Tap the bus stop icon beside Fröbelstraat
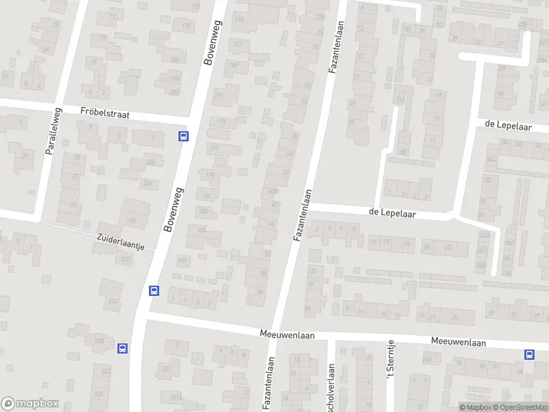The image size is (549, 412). (183, 136)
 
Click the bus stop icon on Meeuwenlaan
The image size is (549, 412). (529, 354)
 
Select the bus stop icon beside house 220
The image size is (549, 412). (122, 348)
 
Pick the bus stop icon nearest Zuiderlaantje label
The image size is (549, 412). (154, 290)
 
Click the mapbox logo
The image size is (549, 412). (30, 403)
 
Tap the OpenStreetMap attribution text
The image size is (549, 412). (519, 408)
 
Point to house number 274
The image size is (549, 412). (113, 301)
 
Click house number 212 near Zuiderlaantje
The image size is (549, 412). (125, 260)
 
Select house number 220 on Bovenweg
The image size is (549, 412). (100, 341)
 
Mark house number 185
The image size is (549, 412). (183, 260)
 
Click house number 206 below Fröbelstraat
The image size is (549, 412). (150, 162)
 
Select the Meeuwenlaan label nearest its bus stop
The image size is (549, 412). (458, 342)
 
